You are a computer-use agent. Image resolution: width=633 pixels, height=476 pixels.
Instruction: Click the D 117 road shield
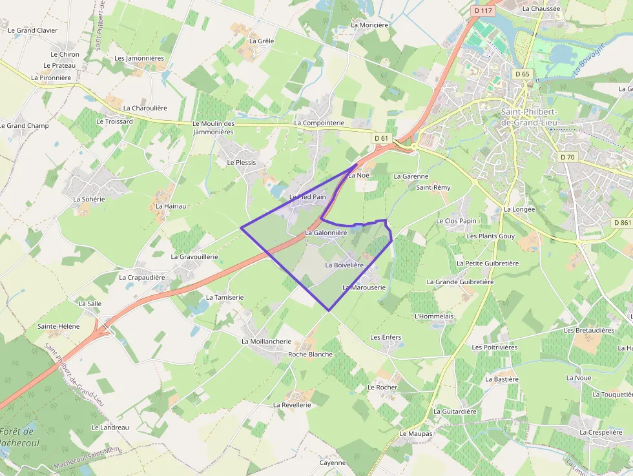click(x=483, y=10)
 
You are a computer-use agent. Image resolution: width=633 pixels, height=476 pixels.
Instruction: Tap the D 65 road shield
click(x=523, y=74)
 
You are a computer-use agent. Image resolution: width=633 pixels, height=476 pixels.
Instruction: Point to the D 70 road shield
click(x=567, y=157)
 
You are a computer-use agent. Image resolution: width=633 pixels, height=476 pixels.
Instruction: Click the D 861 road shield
click(x=621, y=223)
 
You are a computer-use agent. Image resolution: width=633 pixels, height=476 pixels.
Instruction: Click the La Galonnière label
click(x=326, y=233)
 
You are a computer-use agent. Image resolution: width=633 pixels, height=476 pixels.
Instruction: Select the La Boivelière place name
click(x=345, y=265)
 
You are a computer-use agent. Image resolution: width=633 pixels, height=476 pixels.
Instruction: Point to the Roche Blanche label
click(x=310, y=354)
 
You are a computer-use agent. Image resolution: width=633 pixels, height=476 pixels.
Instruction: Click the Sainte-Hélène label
click(x=58, y=326)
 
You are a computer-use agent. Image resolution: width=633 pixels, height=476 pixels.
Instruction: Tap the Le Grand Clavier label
click(x=32, y=30)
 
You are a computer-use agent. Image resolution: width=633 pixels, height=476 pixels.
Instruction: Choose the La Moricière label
click(x=369, y=25)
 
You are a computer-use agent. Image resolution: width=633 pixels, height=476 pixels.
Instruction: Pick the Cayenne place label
click(x=333, y=462)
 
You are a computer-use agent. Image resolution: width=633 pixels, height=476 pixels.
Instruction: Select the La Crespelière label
click(x=601, y=432)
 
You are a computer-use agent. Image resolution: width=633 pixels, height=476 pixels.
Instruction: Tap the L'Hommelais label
click(x=433, y=316)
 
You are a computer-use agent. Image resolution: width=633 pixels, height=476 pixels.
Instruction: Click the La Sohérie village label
click(x=89, y=199)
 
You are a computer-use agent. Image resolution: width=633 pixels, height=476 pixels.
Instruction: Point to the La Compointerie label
click(x=319, y=123)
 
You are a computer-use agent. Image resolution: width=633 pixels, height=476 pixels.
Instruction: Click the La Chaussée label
click(x=541, y=8)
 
